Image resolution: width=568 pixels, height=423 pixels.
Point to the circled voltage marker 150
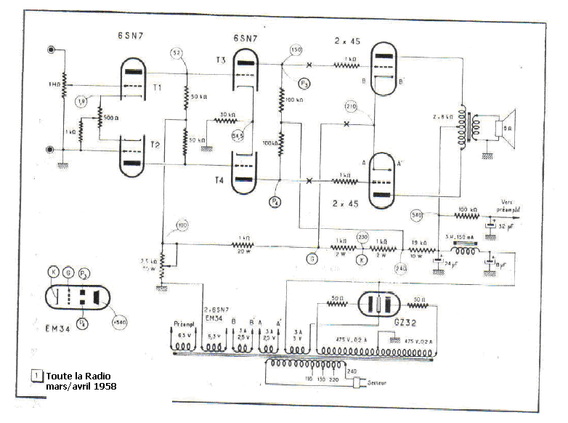coord(296,50)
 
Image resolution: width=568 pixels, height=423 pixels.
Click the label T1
coord(157,89)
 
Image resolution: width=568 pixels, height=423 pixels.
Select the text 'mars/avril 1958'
coord(81,386)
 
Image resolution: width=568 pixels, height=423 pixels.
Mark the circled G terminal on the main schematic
coord(312,257)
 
